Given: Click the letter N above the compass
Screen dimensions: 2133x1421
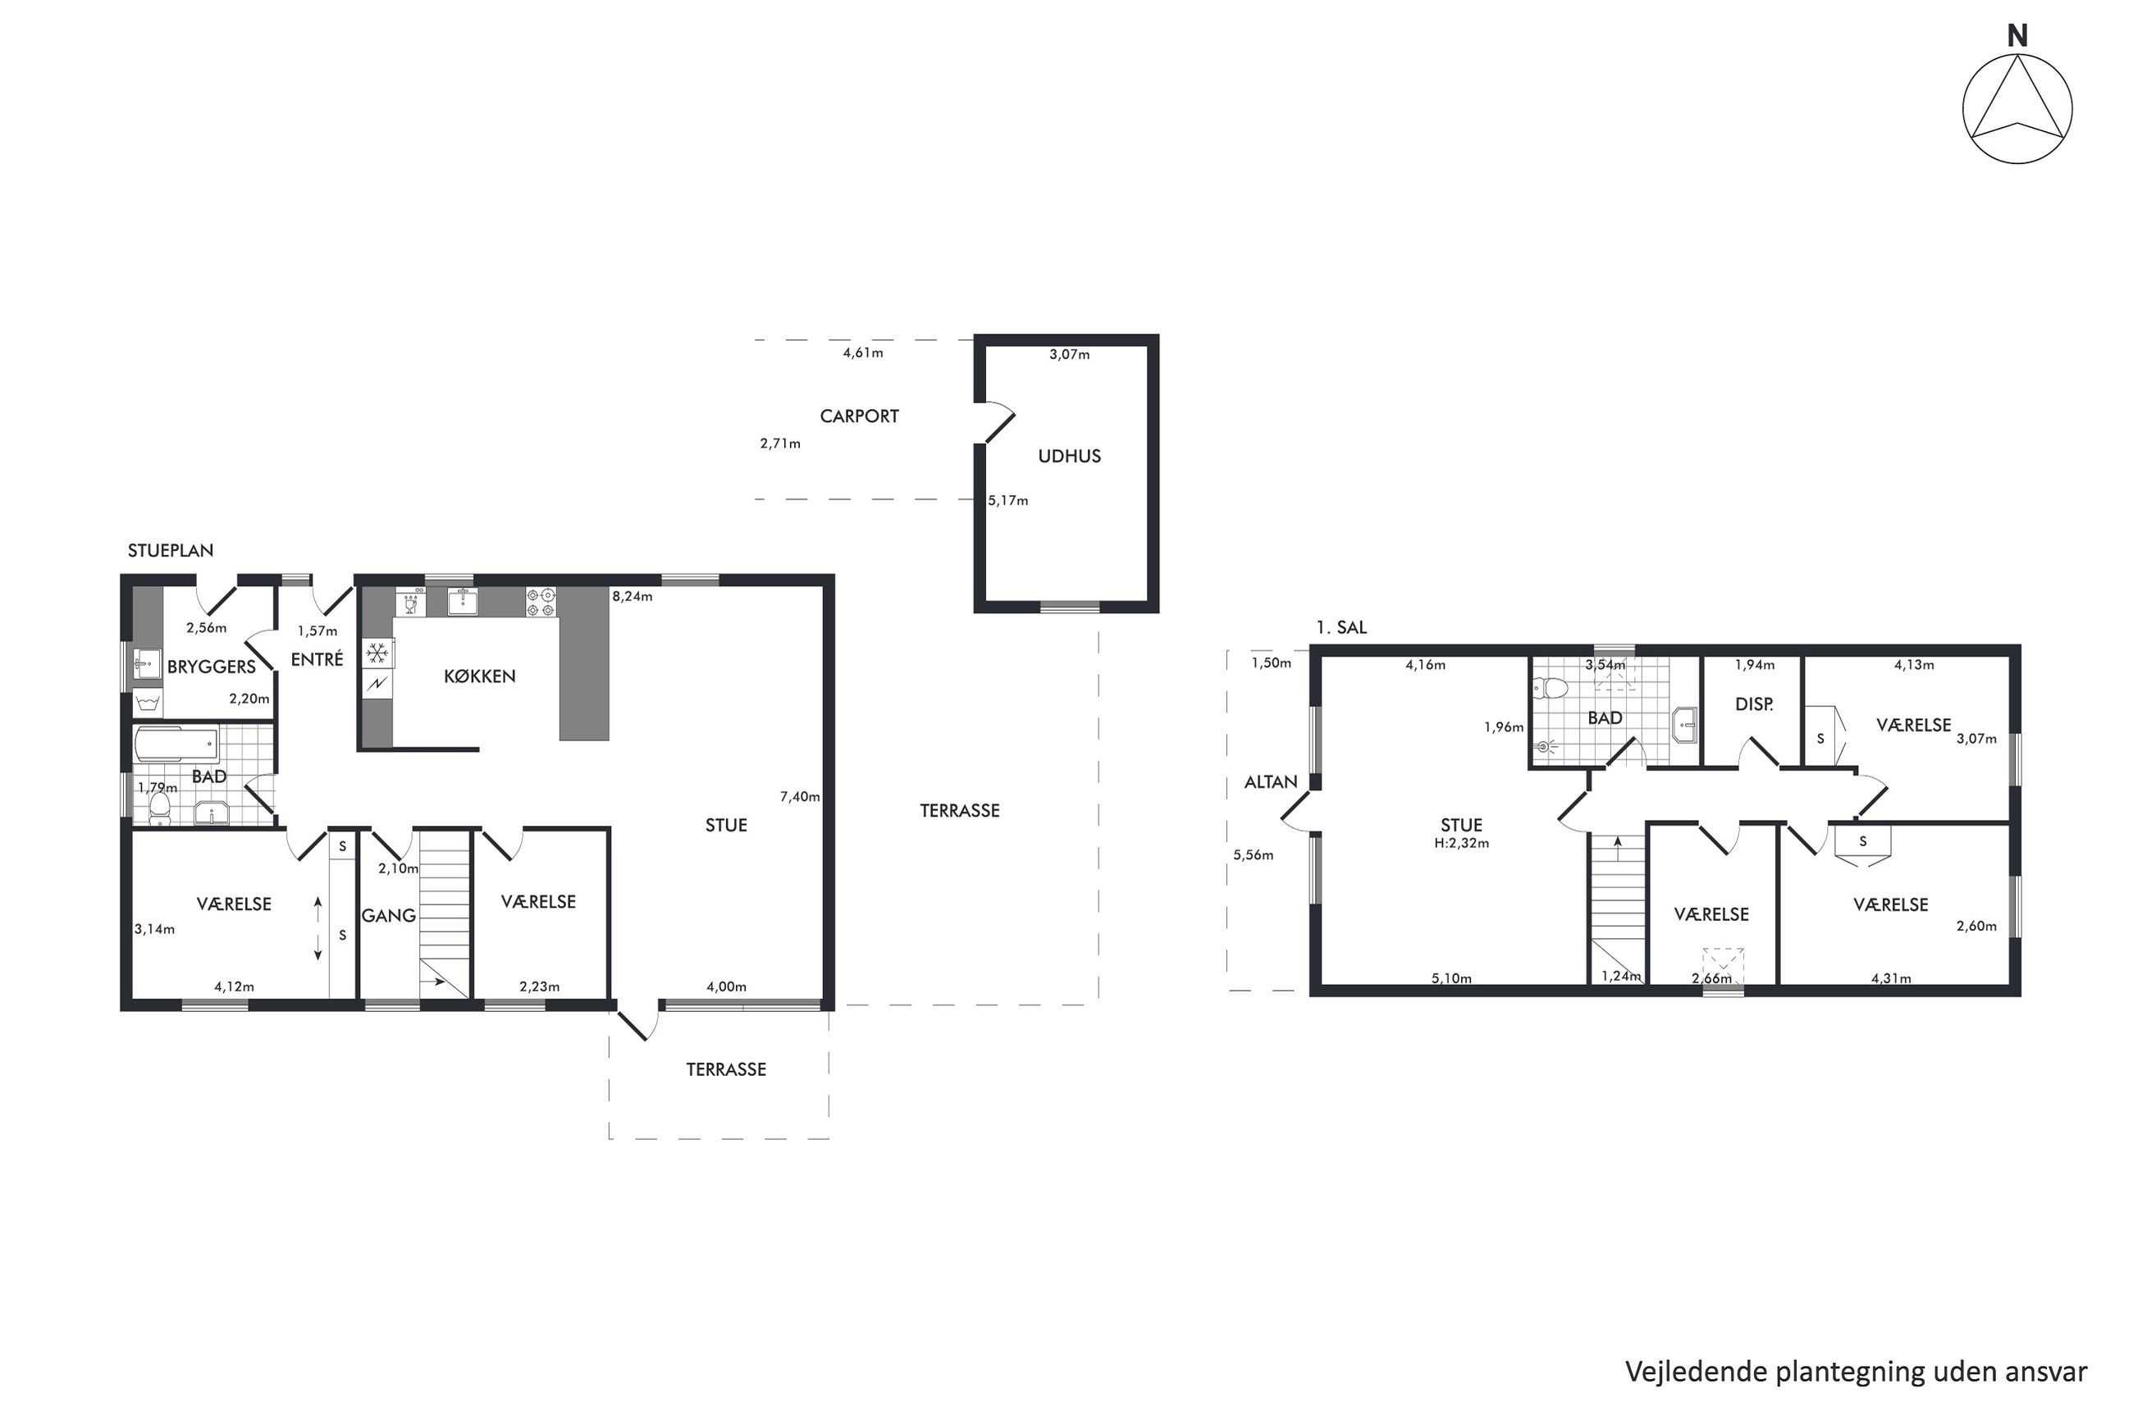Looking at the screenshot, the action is pos(2017,36).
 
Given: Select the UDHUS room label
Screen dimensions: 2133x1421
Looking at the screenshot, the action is pos(1069,456).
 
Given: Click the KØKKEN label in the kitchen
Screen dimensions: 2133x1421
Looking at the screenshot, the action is pos(480,676).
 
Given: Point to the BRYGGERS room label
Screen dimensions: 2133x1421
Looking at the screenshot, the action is pos(211,667).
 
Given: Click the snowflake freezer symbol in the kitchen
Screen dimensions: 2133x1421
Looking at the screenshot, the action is pos(377,653).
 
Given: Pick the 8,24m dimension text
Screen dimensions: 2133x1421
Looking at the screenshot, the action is pos(632,596).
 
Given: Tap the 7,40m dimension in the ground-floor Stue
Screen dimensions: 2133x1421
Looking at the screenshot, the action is pos(800,796).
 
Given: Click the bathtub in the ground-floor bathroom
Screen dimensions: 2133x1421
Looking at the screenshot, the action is pos(176,745).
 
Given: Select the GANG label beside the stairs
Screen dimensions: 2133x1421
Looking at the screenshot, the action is pos(389,915).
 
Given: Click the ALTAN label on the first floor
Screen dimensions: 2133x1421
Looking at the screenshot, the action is pos(1270,782).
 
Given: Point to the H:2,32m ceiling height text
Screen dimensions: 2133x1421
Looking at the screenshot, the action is pos(1461,843).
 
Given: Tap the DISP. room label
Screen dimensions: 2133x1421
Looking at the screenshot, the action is pos(1753,704).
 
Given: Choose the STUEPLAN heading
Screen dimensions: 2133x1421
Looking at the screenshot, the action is pos(171,550).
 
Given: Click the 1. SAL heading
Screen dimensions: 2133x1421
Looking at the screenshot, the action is pos(1341,627).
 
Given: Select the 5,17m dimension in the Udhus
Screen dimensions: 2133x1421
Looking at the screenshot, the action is pos(1008,500).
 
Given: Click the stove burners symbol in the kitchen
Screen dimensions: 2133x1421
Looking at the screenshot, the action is pos(541,602).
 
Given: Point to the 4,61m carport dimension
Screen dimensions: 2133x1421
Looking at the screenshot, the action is pos(863,353).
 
